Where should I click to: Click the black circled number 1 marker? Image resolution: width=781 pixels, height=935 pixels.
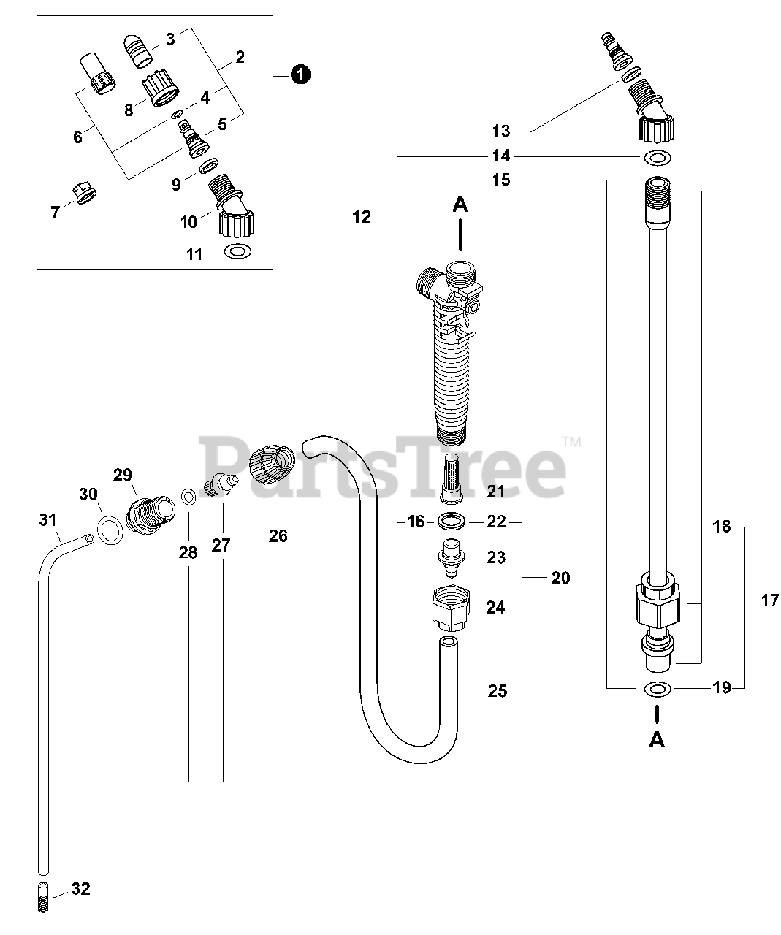point(300,73)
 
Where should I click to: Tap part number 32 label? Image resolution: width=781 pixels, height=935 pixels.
point(81,889)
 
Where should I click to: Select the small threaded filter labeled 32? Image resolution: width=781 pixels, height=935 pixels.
point(43,897)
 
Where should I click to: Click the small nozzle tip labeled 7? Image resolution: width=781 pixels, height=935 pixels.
point(85,194)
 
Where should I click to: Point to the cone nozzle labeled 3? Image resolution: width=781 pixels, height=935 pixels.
point(137,49)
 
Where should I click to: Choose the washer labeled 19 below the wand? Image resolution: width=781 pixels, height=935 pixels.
point(658,688)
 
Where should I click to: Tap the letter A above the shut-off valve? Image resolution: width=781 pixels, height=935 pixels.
point(460,205)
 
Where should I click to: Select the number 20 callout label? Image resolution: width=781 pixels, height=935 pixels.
point(560,578)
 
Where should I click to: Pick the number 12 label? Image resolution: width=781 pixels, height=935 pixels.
point(361,217)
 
